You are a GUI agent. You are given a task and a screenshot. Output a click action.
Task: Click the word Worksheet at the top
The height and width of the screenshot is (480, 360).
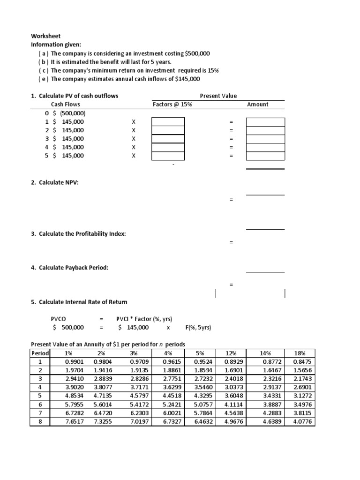pos(45,36)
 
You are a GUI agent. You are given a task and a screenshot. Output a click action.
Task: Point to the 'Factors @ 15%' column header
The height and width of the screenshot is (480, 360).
pos(172,105)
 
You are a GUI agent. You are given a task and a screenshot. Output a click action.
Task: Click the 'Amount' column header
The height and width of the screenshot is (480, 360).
pos(258,105)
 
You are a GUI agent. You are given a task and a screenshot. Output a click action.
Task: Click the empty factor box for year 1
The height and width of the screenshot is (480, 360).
pos(168,122)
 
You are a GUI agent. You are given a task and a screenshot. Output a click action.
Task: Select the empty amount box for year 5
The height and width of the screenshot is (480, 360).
pos(265,156)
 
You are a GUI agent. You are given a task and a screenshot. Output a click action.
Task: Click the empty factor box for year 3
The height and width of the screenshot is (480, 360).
pos(168,139)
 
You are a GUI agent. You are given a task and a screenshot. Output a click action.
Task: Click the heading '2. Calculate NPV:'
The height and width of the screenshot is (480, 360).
pos(54,182)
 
